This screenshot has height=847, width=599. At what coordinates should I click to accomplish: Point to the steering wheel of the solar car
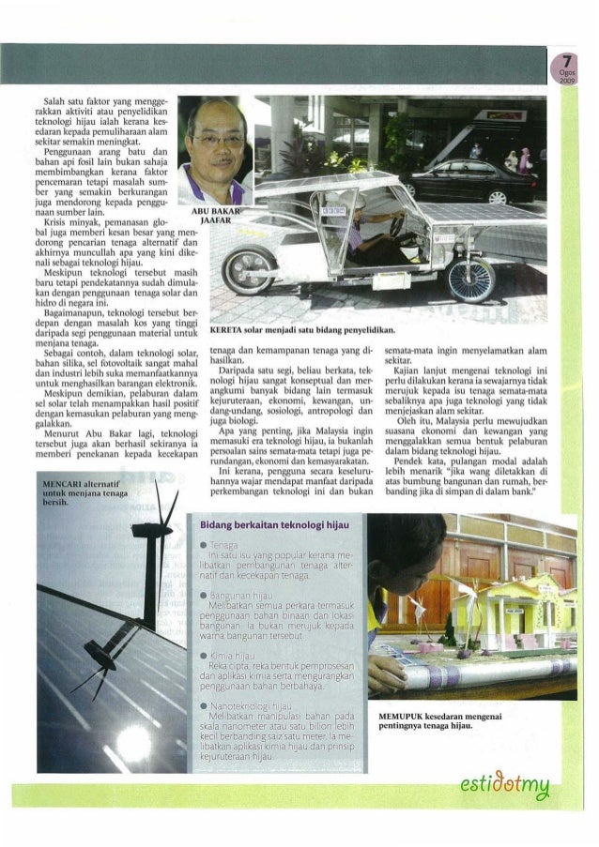398,225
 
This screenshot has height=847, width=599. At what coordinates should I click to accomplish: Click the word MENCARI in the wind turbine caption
67,481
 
